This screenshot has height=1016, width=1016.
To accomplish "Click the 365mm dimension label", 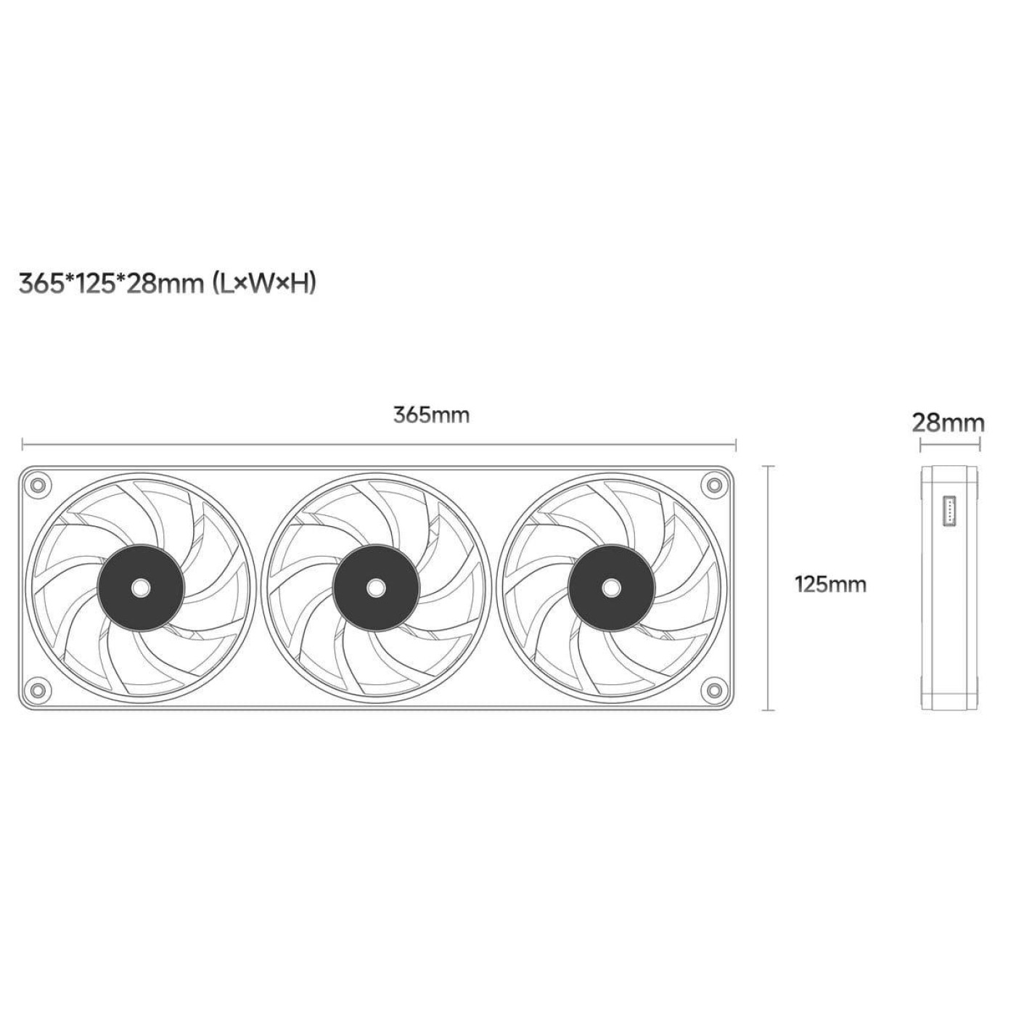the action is click(x=431, y=415).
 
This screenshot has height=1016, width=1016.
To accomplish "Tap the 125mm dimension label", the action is click(x=830, y=585).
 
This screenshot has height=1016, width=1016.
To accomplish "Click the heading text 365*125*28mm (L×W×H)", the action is click(x=168, y=284).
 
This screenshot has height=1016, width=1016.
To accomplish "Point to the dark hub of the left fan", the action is click(x=142, y=587).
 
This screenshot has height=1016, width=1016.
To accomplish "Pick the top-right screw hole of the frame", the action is click(x=714, y=483).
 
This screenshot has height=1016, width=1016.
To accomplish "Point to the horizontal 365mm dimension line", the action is click(x=379, y=445).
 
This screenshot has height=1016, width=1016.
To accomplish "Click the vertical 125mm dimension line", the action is click(x=768, y=588).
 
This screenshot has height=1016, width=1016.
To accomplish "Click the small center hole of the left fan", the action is click(x=142, y=587).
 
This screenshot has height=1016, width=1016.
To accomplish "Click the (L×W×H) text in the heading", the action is click(x=264, y=284).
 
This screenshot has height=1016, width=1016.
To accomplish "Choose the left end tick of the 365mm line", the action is click(x=22, y=445).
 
